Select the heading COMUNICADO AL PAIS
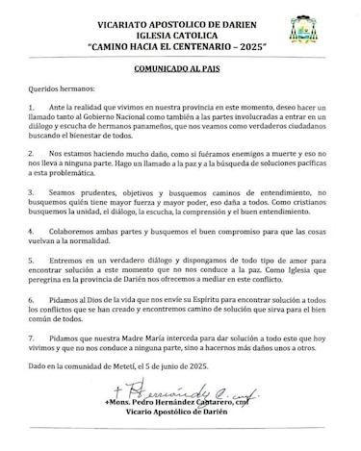pos(181,71)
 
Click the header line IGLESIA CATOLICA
pos(180,32)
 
